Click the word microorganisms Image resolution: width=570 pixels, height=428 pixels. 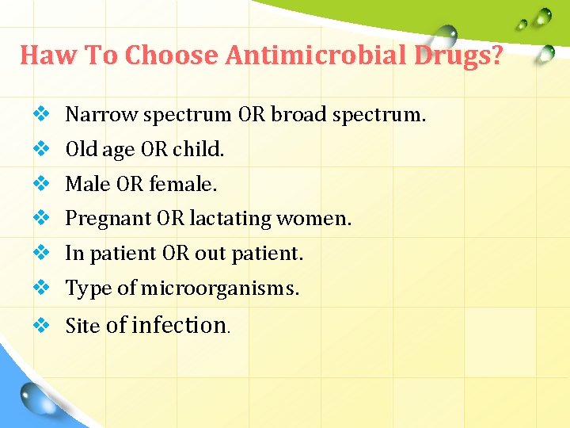tap(219, 289)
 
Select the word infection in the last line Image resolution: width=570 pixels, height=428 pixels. tap(179, 325)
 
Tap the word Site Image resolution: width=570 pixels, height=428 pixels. tap(82, 326)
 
